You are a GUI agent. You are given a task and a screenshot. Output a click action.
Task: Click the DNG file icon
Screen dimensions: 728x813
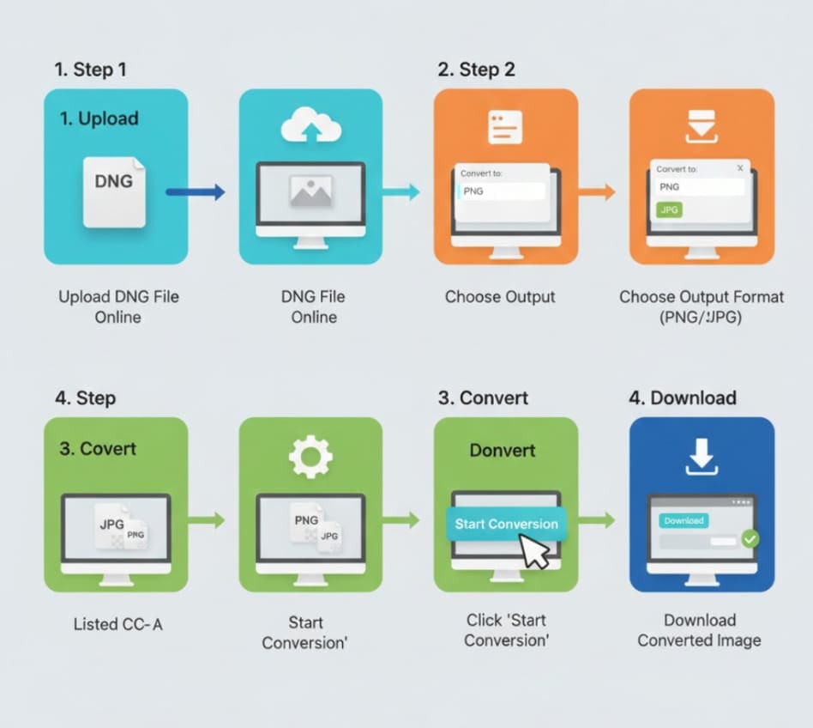click(x=114, y=191)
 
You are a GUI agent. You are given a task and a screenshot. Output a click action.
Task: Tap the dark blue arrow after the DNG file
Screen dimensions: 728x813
click(x=196, y=192)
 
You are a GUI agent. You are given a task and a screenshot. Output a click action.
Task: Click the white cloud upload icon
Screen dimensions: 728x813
click(x=310, y=127)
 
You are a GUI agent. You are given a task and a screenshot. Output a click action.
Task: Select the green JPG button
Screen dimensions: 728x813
click(x=669, y=209)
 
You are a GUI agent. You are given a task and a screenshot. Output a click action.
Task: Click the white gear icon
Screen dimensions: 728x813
click(x=310, y=456)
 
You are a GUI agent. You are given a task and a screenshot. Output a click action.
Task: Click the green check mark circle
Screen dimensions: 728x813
click(x=750, y=538)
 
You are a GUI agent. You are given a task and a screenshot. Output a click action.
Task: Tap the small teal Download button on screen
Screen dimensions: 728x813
click(x=684, y=520)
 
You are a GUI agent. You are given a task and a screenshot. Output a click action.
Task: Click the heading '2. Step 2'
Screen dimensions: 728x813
click(x=476, y=70)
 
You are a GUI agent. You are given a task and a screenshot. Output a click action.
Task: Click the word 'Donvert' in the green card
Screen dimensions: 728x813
click(x=503, y=450)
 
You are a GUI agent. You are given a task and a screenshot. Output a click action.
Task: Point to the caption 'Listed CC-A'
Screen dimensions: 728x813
click(x=117, y=624)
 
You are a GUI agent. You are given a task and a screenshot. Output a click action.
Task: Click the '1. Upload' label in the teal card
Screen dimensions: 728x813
click(x=99, y=118)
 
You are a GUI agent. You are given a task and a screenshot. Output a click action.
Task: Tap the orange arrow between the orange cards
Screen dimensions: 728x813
click(x=597, y=192)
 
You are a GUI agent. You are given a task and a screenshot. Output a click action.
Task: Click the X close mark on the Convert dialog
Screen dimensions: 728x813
click(x=740, y=168)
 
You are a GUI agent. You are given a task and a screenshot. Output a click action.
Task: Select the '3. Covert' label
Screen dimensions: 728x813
click(x=98, y=448)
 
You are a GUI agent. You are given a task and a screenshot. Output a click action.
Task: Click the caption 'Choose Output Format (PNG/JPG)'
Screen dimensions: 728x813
click(x=702, y=306)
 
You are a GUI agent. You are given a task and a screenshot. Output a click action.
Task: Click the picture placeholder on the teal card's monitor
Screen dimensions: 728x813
click(x=310, y=191)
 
